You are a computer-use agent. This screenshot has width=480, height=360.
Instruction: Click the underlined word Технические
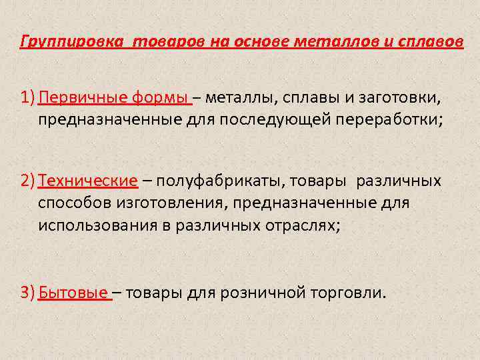click(88, 181)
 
